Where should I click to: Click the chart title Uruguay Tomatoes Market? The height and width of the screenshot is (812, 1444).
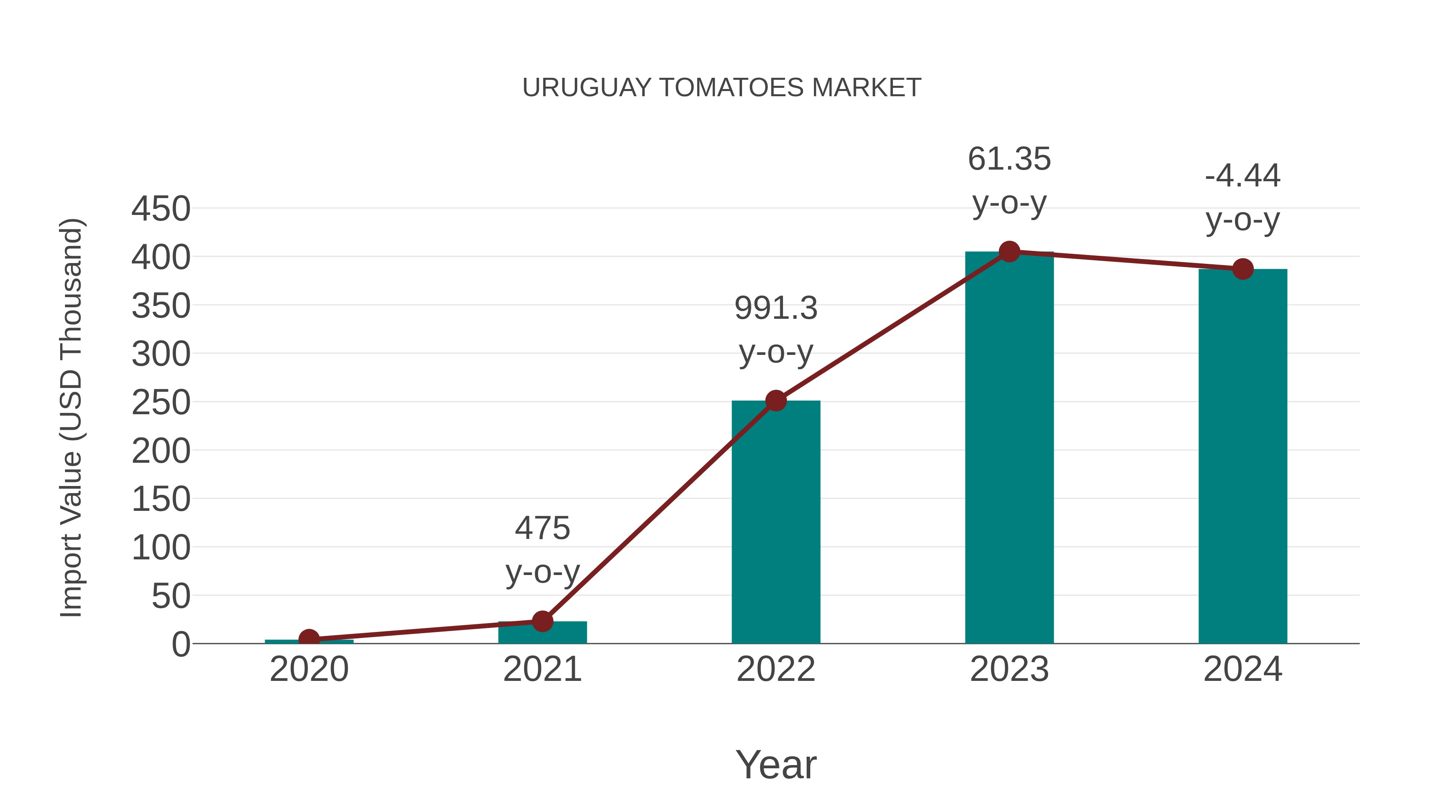722,88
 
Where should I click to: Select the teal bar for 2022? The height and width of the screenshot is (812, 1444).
776,521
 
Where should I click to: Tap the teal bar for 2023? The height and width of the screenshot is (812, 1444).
1009,448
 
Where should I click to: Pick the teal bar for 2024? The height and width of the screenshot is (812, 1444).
1242,457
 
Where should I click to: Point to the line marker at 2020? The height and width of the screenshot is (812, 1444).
309,639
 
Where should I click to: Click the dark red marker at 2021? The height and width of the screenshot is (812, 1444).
542,621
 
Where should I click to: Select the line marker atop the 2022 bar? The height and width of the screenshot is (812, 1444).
776,401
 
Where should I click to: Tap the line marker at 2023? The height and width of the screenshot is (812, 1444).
1009,251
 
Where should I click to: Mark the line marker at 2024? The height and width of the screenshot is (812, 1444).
1242,269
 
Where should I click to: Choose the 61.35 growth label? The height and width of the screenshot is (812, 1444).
1009,159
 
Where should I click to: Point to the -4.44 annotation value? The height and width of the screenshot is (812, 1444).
1242,176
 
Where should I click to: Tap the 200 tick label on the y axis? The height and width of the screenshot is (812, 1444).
161,451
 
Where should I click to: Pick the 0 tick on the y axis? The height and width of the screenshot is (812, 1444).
181,644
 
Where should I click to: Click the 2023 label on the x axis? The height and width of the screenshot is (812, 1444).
1009,669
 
